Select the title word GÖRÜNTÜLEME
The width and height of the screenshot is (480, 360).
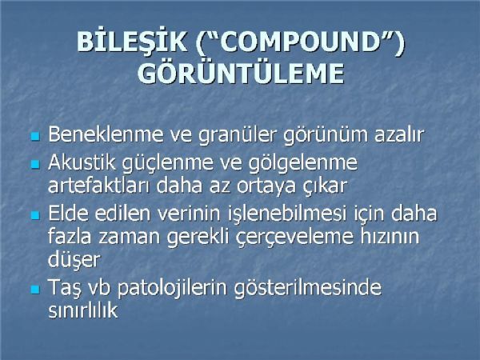(x=241, y=73)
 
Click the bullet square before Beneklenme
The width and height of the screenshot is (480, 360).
(x=36, y=136)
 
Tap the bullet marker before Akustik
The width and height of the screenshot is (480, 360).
(x=36, y=164)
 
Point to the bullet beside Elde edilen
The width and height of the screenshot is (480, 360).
(x=36, y=215)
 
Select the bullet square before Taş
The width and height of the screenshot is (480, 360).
(x=36, y=290)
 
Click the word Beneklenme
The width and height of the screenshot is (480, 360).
(x=106, y=134)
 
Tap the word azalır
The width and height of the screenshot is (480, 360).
(x=399, y=134)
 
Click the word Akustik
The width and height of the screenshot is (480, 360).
(x=82, y=162)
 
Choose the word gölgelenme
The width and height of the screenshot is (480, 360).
(x=302, y=164)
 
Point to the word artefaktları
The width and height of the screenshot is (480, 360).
(x=99, y=186)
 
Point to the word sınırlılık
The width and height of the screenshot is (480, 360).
(x=83, y=310)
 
